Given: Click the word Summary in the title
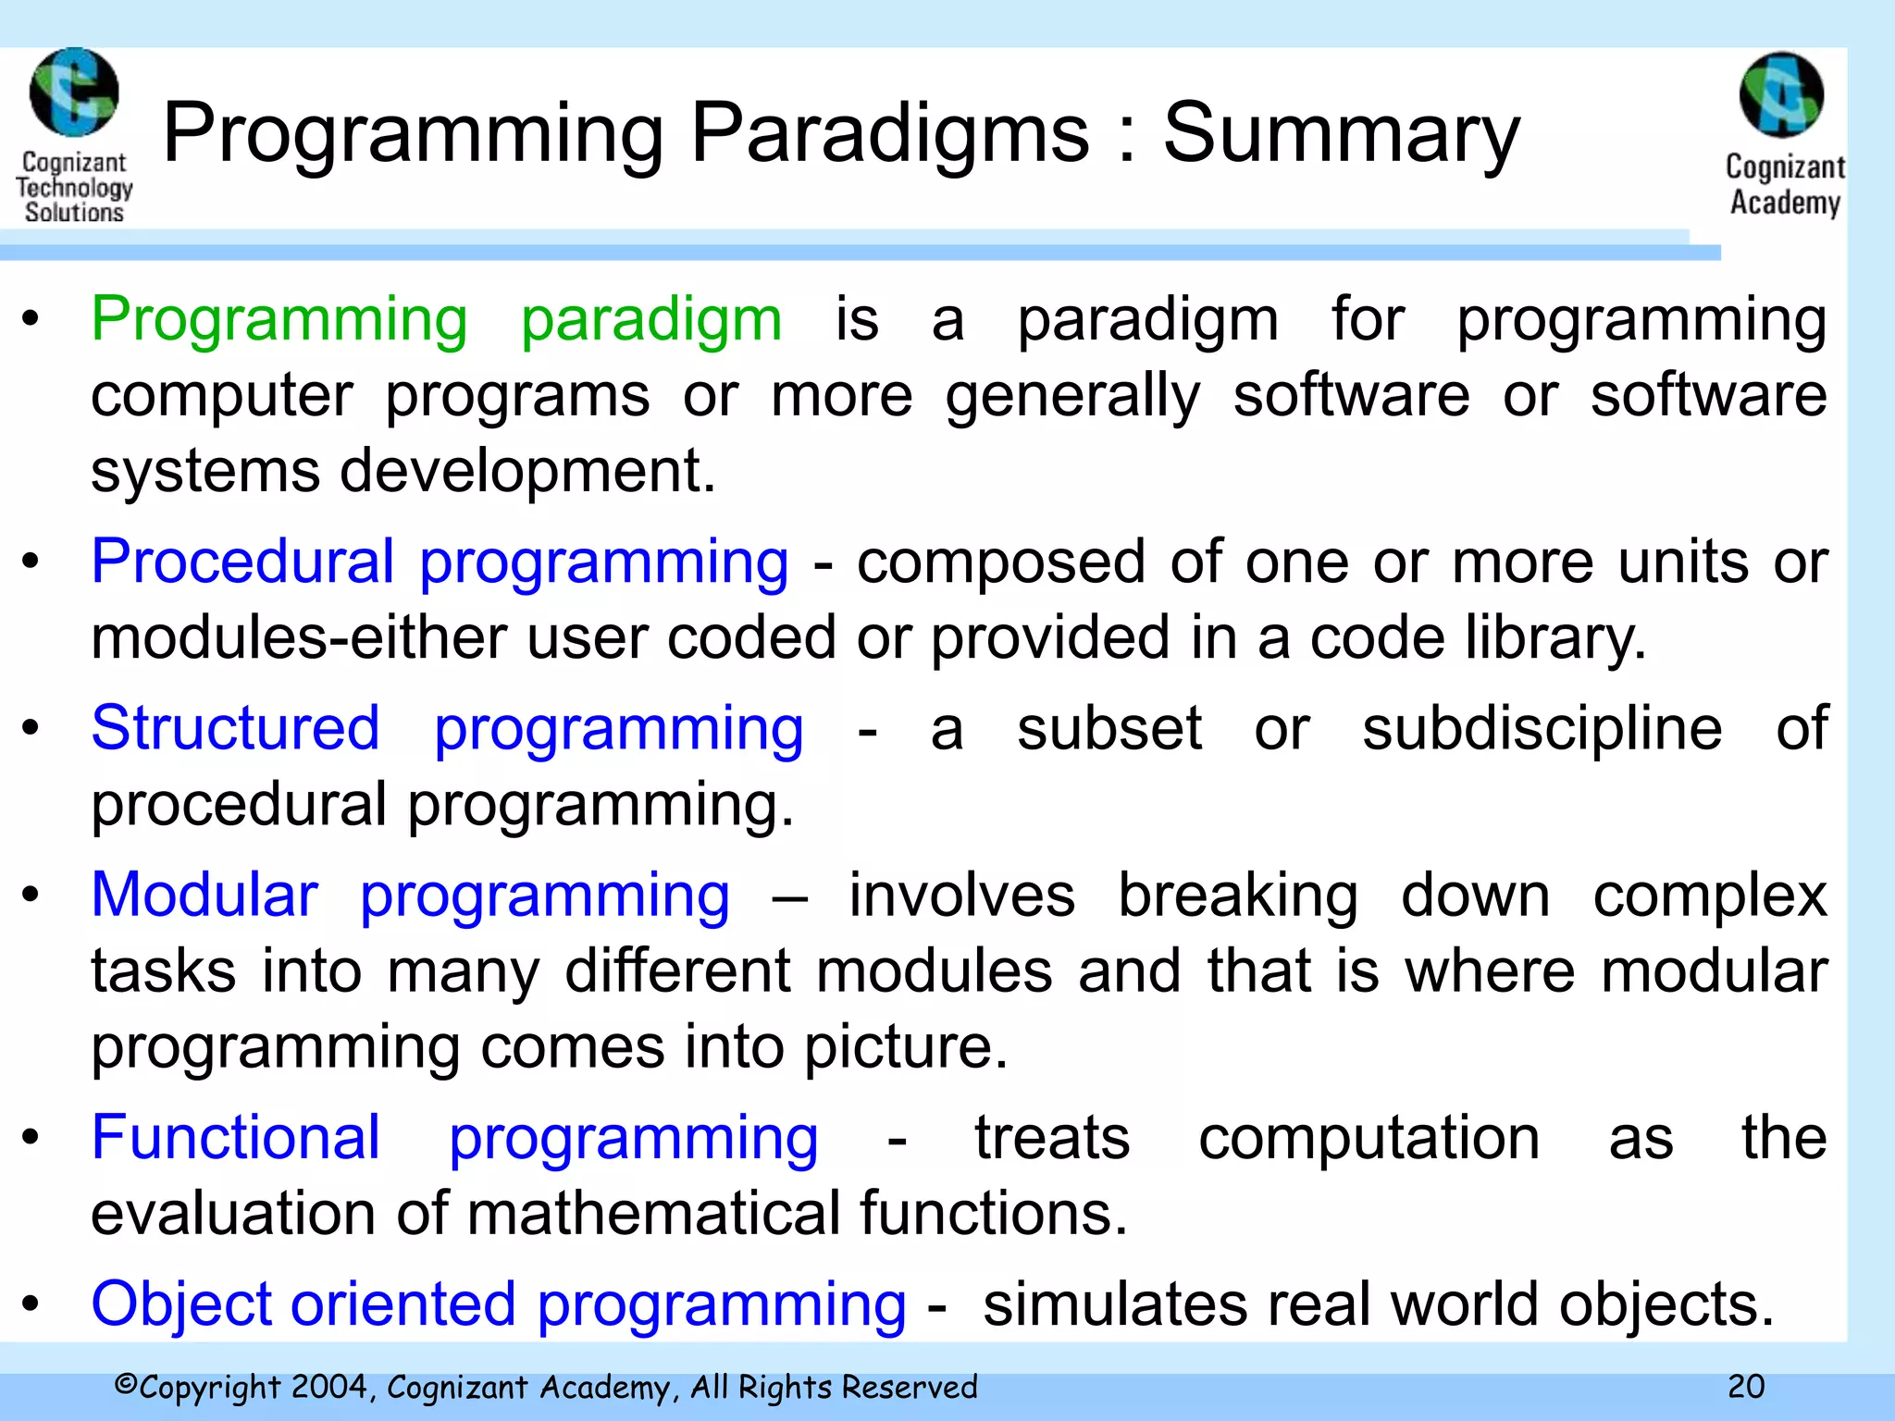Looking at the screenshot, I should pyautogui.click(x=1341, y=134).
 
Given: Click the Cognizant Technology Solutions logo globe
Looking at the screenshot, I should pyautogui.click(x=74, y=93).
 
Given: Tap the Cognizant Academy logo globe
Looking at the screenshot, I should pyautogui.click(x=1781, y=95).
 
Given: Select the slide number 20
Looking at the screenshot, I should pyautogui.click(x=1746, y=1386).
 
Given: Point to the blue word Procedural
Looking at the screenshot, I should pyautogui.click(x=242, y=562).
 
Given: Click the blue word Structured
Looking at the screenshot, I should pyautogui.click(x=235, y=728).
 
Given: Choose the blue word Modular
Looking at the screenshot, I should pyautogui.click(x=204, y=896).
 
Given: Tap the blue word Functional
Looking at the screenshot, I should pyautogui.click(x=235, y=1137).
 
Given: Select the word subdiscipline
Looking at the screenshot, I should pyautogui.click(x=1542, y=729).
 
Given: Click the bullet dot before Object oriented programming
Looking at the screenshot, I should pyautogui.click(x=31, y=1304).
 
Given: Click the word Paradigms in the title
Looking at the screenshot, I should pyautogui.click(x=890, y=134).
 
